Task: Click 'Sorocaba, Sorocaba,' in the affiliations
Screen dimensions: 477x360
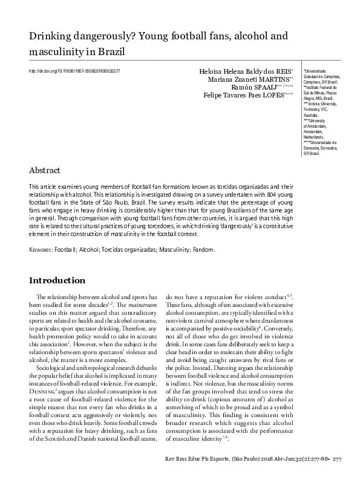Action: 322,148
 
